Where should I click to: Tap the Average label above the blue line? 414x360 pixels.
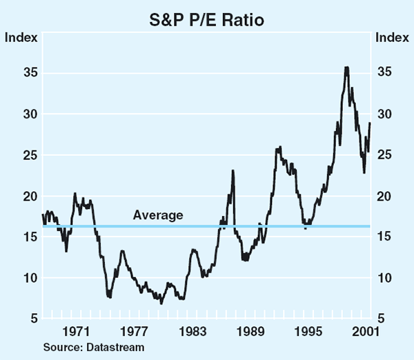click(x=158, y=215)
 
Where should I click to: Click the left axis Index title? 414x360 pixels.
click(x=21, y=37)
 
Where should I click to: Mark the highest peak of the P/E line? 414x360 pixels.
click(x=346, y=67)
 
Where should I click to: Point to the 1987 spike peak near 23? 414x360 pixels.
click(x=233, y=170)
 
